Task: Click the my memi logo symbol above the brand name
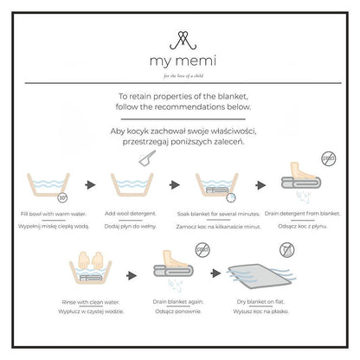(183, 41)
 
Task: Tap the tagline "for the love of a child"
(183, 76)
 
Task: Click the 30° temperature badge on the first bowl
(62, 198)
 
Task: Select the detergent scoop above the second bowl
(147, 158)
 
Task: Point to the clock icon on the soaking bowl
(231, 198)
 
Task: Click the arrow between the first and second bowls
(90, 184)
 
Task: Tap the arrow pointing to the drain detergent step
(260, 185)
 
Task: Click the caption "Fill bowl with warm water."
(54, 214)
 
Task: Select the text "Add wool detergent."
(131, 214)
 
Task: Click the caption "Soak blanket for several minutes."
(218, 214)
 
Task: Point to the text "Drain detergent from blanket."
(302, 214)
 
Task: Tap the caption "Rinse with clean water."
(91, 302)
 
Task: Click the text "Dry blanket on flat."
(260, 302)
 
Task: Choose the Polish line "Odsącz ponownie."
(178, 312)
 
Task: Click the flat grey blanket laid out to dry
(259, 275)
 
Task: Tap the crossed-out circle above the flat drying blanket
(286, 250)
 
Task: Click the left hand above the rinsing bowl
(84, 260)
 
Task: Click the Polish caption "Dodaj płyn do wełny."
(131, 227)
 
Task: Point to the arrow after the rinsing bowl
(132, 275)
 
